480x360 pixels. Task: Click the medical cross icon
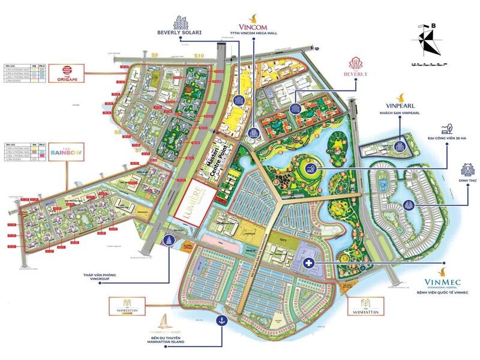(x=309, y=262)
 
